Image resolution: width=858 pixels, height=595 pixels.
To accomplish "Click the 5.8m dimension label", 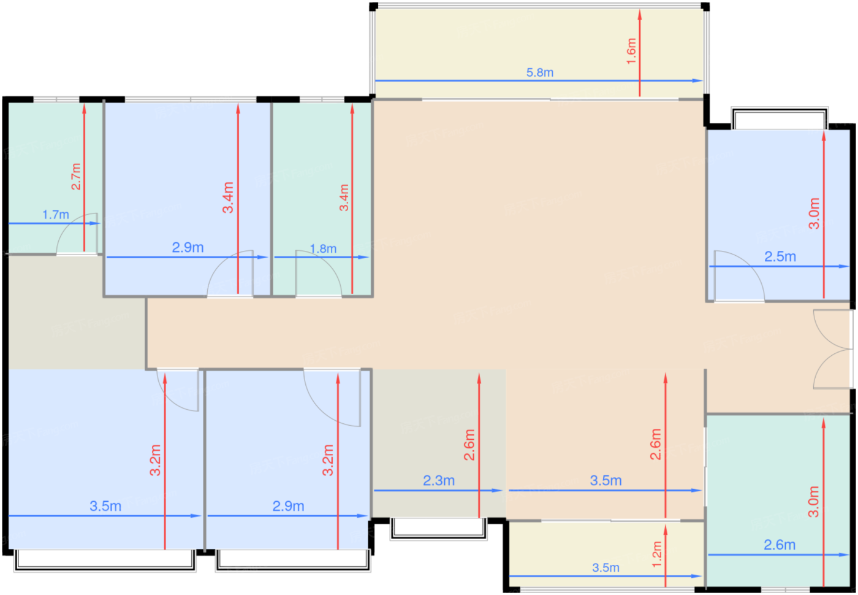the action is click(540, 72).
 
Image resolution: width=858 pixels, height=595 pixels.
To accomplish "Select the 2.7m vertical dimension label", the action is click(76, 177).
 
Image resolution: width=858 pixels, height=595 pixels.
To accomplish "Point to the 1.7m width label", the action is click(56, 215).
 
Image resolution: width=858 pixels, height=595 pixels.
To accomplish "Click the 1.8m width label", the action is click(323, 249).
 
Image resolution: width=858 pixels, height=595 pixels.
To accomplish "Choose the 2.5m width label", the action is click(780, 256).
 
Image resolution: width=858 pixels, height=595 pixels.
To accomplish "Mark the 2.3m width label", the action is click(439, 480).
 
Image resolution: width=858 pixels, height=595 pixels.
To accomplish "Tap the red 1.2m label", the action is click(657, 555).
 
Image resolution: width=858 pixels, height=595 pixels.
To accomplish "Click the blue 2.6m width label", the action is click(780, 545).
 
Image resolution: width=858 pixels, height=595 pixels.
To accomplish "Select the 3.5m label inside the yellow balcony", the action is click(606, 567).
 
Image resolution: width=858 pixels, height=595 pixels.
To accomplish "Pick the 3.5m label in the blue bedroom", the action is click(105, 506).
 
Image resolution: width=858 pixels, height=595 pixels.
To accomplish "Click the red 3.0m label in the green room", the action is click(813, 502).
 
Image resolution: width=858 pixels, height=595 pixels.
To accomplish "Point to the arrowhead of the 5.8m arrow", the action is click(698, 81).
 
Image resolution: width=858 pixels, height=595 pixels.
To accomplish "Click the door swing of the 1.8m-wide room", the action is click(318, 273).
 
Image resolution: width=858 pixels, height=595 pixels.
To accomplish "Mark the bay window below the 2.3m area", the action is click(439, 529).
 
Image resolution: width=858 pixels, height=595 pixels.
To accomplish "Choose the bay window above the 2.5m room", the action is click(780, 118).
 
